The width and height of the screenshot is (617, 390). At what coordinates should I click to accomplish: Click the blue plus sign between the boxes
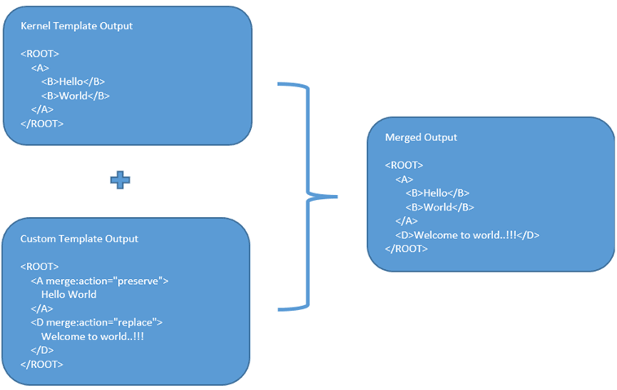tap(121, 180)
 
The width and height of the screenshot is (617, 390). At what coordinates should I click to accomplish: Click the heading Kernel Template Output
tap(77, 26)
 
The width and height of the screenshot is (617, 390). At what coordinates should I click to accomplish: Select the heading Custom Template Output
tap(79, 239)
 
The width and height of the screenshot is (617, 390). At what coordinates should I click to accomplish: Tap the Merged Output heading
tap(421, 138)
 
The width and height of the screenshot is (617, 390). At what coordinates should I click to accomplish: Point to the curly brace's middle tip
tap(333, 196)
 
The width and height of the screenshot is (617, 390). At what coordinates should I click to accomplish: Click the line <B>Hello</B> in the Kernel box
tap(73, 82)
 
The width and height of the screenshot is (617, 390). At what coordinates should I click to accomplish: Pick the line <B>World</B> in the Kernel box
tap(75, 95)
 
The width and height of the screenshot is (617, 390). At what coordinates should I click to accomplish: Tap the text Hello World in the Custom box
tap(68, 295)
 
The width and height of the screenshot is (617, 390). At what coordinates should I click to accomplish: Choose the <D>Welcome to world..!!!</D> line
tap(467, 235)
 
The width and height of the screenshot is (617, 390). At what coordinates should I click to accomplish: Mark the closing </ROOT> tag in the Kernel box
tap(42, 123)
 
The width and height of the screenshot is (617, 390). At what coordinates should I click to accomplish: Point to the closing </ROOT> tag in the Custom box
tap(42, 364)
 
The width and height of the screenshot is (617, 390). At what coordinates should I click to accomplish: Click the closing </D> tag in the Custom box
tap(42, 350)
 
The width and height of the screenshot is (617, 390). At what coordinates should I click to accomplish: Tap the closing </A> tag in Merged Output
tap(406, 221)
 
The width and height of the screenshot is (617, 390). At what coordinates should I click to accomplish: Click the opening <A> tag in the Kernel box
tap(40, 68)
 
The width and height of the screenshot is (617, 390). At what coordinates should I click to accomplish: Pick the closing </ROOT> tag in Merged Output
tap(406, 249)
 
